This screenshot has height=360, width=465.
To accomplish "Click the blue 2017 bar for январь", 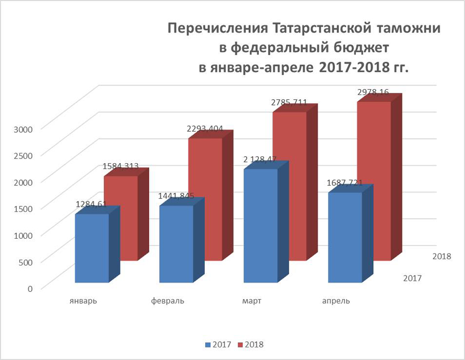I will [92, 248].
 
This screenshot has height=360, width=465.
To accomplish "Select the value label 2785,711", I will [289, 102].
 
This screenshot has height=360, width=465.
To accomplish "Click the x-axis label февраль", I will [167, 301].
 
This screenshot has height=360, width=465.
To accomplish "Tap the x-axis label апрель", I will [336, 301].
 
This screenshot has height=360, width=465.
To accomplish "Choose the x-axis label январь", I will [82, 301].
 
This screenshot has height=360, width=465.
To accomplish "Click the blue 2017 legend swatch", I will [207, 345].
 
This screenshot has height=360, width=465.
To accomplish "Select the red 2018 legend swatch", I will [241, 345].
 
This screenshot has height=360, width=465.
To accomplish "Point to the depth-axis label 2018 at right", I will [441, 256].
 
